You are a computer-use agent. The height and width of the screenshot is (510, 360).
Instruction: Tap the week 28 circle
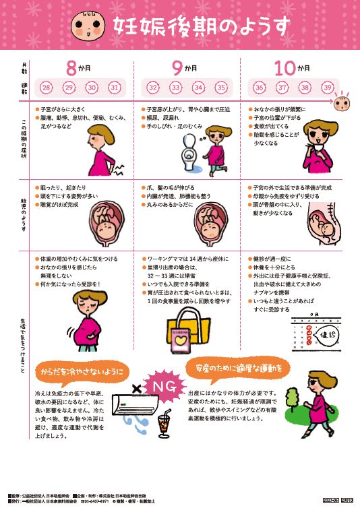[47, 88]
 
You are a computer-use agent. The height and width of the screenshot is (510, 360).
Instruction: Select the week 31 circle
[115, 88]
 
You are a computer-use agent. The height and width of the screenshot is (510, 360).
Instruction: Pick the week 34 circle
[198, 88]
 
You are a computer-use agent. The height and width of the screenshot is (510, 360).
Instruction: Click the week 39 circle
[328, 88]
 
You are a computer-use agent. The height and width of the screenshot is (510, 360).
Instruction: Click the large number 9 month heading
[177, 67]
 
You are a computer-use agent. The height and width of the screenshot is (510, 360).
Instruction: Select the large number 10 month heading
[284, 67]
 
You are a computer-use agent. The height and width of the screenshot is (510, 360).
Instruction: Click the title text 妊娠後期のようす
[202, 25]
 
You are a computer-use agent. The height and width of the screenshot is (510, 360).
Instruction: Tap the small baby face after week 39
[343, 102]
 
